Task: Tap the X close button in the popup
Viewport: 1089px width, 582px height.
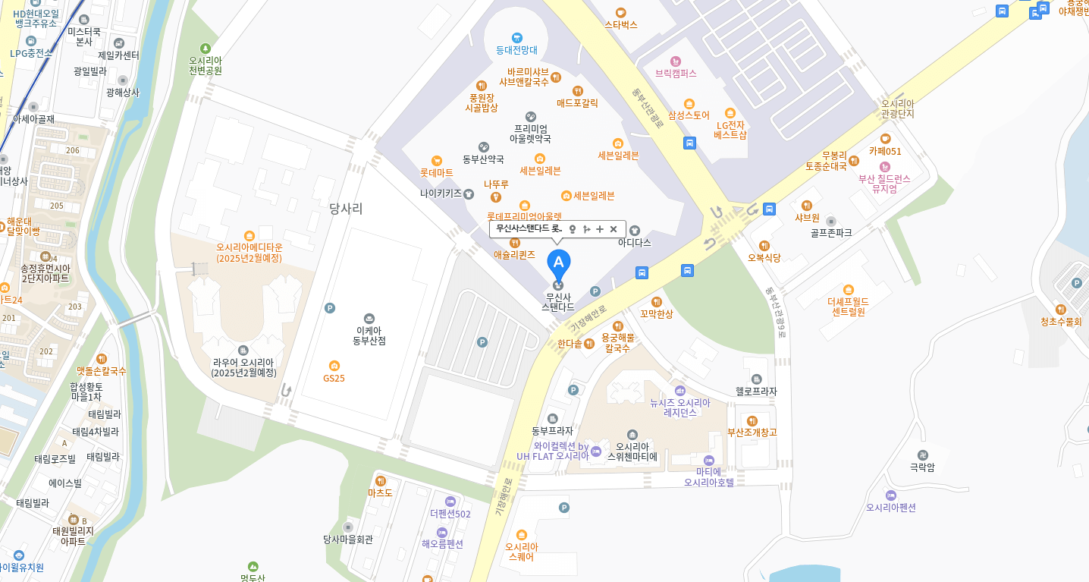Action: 614,229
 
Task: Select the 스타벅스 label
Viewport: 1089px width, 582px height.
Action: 621,24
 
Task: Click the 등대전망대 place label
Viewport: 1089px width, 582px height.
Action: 516,49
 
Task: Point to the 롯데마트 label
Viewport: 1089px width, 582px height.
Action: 437,172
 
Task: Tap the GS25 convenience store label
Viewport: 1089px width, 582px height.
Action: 334,377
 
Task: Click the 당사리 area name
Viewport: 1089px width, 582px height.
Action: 346,209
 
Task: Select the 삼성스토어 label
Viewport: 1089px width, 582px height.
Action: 689,115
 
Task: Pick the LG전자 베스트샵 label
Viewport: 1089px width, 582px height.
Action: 730,130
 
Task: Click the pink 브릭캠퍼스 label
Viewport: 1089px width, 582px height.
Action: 676,73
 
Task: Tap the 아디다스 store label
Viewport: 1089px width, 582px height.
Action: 634,242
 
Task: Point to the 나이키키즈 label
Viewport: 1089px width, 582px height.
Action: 441,193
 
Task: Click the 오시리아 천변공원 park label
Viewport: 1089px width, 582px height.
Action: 205,65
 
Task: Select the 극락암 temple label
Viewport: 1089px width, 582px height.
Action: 922,467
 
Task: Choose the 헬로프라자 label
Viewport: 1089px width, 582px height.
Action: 756,391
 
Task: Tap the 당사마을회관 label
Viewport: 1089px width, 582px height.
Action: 348,539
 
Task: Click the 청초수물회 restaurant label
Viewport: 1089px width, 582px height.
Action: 1061,321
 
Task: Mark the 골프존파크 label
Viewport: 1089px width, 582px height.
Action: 831,232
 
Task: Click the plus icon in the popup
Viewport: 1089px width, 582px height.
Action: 600,229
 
